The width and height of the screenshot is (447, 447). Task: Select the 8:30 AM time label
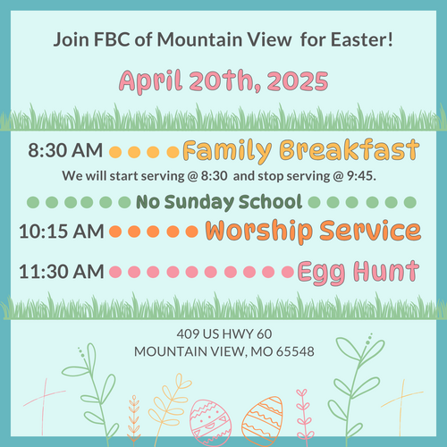[x=65, y=150]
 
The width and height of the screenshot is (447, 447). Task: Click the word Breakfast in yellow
[x=350, y=149]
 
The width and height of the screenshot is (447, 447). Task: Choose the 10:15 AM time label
[x=62, y=232]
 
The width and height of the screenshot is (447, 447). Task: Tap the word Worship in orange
[x=259, y=232]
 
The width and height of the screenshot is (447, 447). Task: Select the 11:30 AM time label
[x=62, y=272]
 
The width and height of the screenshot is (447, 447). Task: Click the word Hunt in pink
[x=386, y=271]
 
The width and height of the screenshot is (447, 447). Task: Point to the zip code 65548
[x=295, y=352]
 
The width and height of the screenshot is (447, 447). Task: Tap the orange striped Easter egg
[x=262, y=421]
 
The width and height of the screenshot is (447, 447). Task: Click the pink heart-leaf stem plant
[x=303, y=414]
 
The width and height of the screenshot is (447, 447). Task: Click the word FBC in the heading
[x=112, y=39]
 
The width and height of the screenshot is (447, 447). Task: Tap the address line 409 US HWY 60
[x=224, y=334]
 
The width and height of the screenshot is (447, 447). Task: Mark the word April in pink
[x=151, y=81]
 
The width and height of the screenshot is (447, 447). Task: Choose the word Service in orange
[x=370, y=231]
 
